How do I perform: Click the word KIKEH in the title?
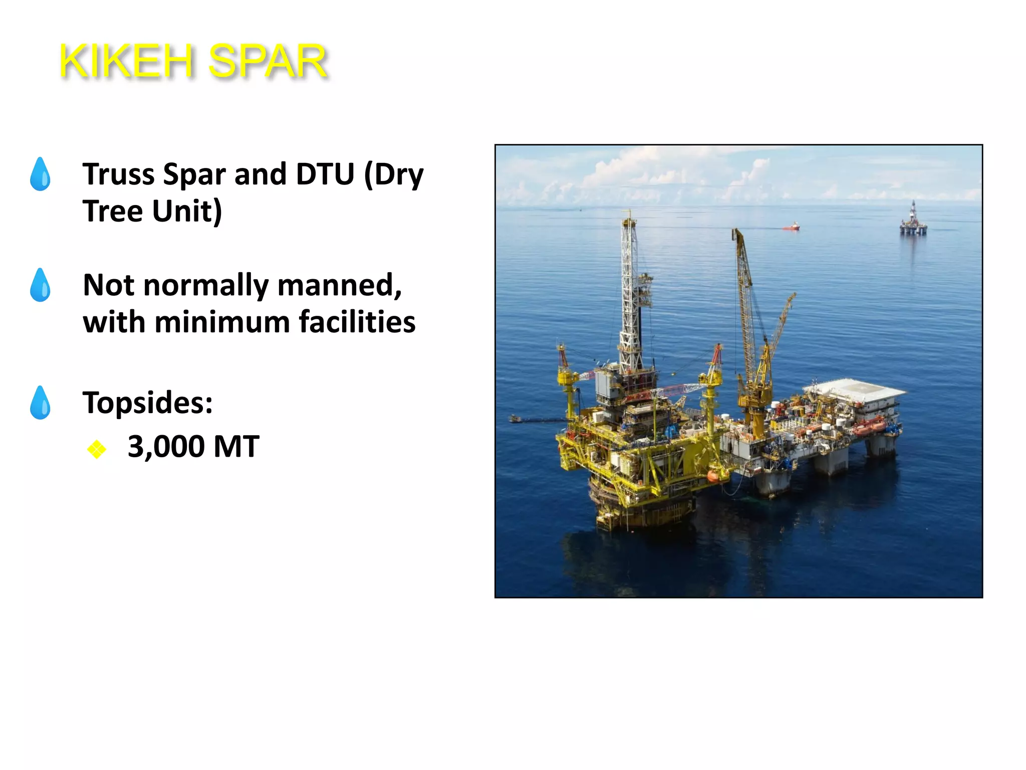pyautogui.click(x=126, y=62)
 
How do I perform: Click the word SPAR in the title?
pyautogui.click(x=268, y=62)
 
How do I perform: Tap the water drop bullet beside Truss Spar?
pyautogui.click(x=40, y=174)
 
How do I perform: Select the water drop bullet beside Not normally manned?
pyautogui.click(x=40, y=285)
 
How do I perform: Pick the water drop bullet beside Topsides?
pyautogui.click(x=40, y=403)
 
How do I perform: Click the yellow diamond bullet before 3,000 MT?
pyautogui.click(x=96, y=449)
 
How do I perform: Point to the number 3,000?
pyautogui.click(x=166, y=446)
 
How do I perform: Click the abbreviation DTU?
pyautogui.click(x=325, y=174)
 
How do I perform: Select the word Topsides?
pyautogui.click(x=148, y=403)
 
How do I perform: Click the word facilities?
pyautogui.click(x=357, y=322)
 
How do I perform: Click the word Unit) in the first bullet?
pyautogui.click(x=187, y=211)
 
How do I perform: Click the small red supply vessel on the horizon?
pyautogui.click(x=792, y=227)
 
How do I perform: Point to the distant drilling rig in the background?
pyautogui.click(x=913, y=221)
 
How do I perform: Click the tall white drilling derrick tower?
pyautogui.click(x=630, y=291)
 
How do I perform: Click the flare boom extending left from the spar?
pyautogui.click(x=536, y=419)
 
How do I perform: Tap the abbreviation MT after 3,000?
pyautogui.click(x=236, y=446)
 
